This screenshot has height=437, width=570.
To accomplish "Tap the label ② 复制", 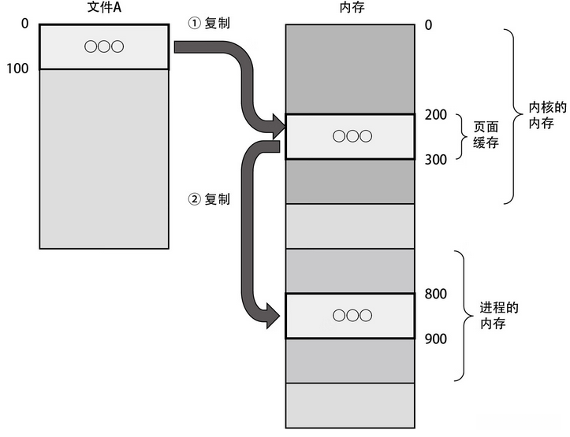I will tap(209, 199).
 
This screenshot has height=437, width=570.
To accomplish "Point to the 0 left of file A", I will tap(24, 24).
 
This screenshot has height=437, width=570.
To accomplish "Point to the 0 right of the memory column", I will tap(428, 24).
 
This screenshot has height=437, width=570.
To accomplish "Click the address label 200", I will tap(436, 115).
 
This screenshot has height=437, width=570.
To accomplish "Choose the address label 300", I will tap(436, 159).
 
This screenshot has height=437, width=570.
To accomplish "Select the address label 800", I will tap(436, 294).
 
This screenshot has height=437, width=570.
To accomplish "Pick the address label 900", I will tap(436, 339).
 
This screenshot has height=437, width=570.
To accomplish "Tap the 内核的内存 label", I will tap(547, 116).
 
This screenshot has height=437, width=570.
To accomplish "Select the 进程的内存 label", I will tap(499, 316).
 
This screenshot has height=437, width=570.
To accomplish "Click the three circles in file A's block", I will tap(104, 46).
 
